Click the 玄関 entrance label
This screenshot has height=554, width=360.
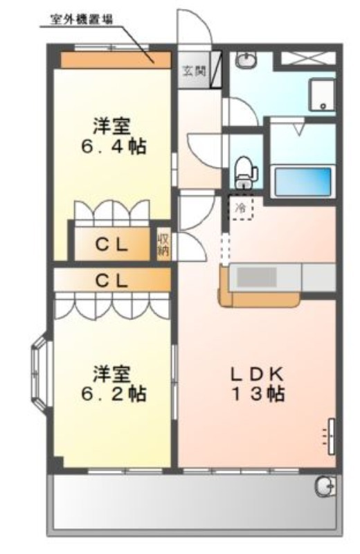pyautogui.click(x=194, y=71)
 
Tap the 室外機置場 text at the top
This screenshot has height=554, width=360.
pyautogui.click(x=82, y=19)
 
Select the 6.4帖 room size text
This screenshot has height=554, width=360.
pyautogui.click(x=113, y=146)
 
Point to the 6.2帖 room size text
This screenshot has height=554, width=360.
pyautogui.click(x=113, y=393)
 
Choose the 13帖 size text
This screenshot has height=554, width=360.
pyautogui.click(x=258, y=393)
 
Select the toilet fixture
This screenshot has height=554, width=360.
pyautogui.click(x=246, y=172)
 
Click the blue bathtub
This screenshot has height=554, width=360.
pyautogui.click(x=303, y=181)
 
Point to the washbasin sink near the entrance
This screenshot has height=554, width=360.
pyautogui.click(x=246, y=60)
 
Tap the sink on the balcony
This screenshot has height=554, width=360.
pyautogui.click(x=325, y=486)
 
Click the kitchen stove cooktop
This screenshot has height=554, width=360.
pyautogui.click(x=257, y=278)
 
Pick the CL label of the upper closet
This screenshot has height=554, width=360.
pyautogui.click(x=111, y=245)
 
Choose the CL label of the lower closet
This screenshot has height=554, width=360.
pyautogui.click(x=111, y=281)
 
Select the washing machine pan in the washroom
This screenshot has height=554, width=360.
pyautogui.click(x=322, y=95)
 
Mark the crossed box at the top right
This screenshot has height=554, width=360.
pyautogui.click(x=307, y=58)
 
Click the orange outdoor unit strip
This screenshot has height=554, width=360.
pyautogui.click(x=116, y=60)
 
